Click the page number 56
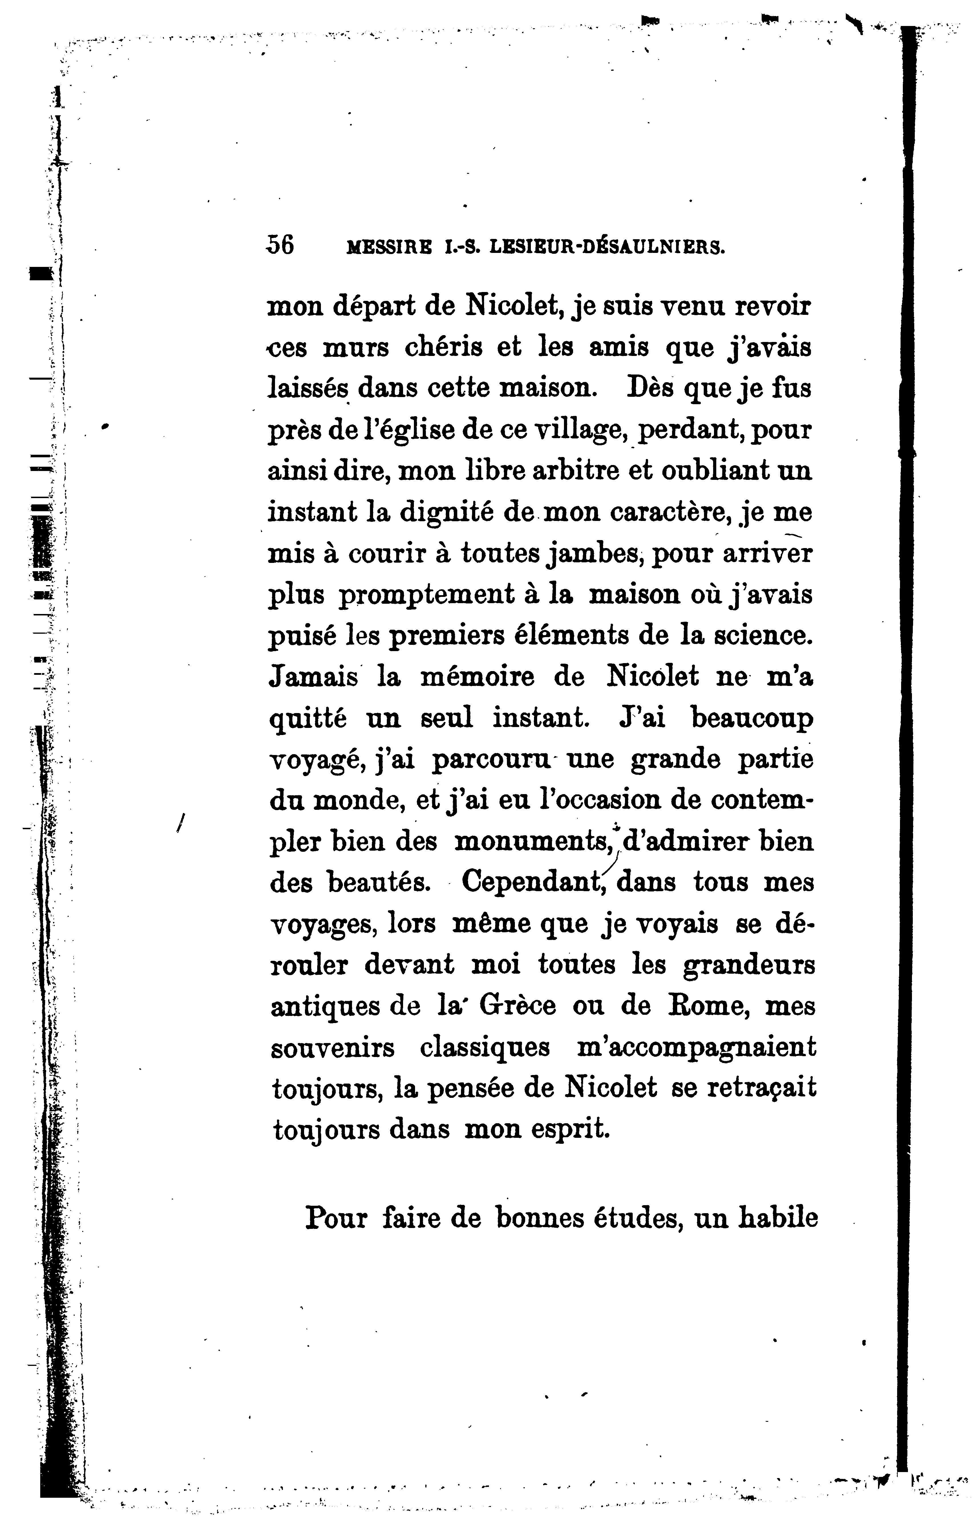pos(281,245)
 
